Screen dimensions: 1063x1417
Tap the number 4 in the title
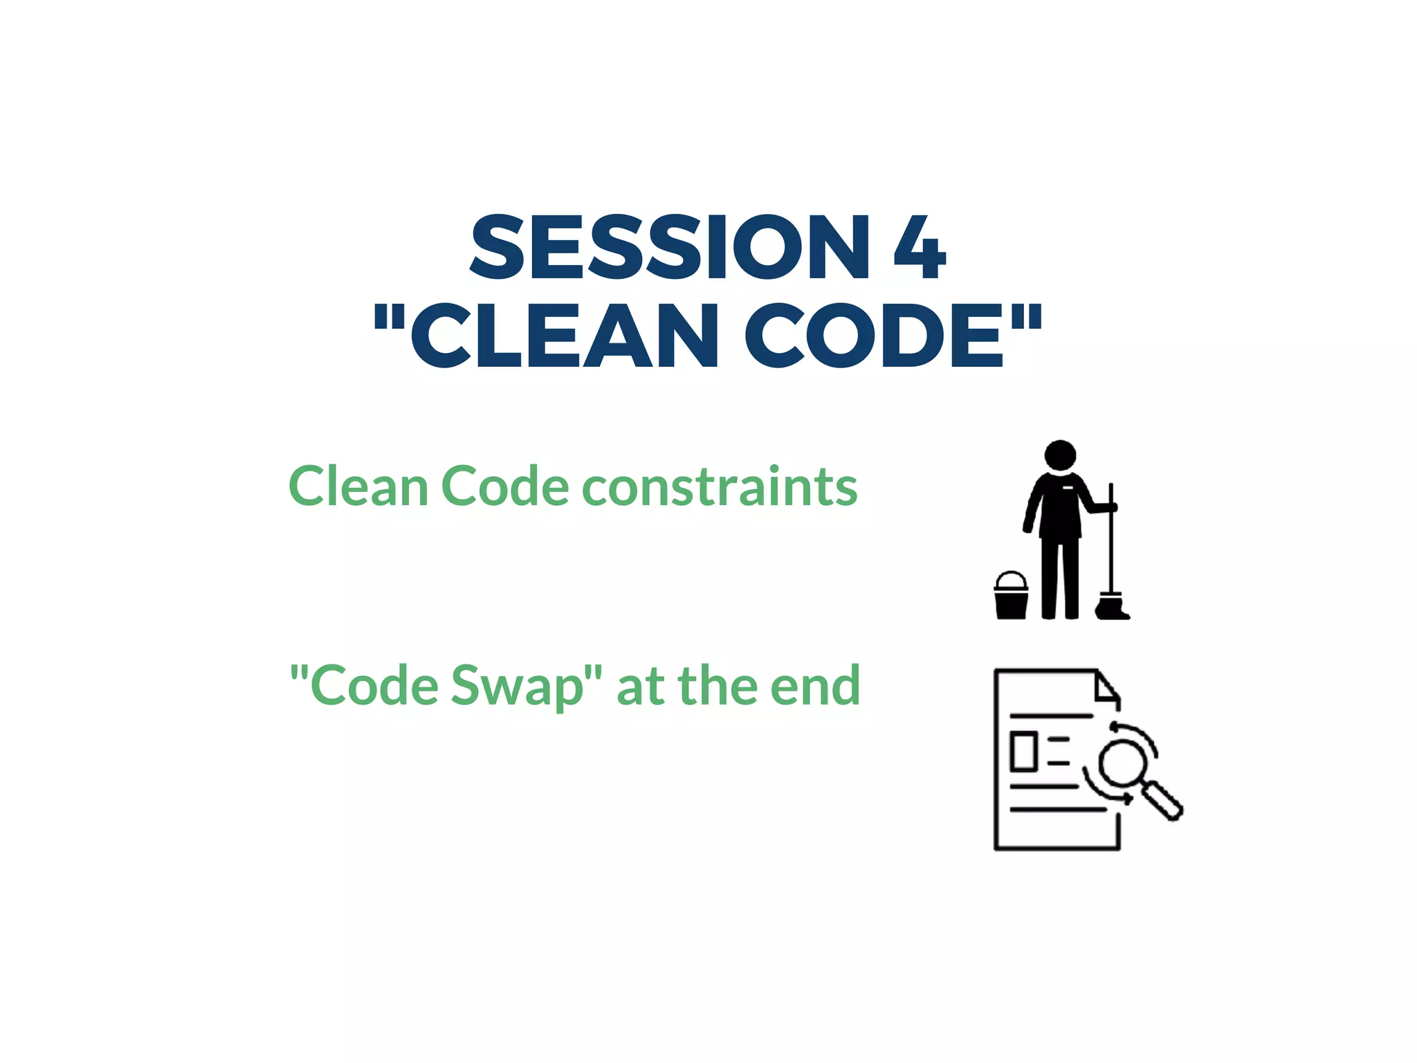(919, 247)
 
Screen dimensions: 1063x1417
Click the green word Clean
(358, 487)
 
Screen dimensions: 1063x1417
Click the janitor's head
(1060, 455)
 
